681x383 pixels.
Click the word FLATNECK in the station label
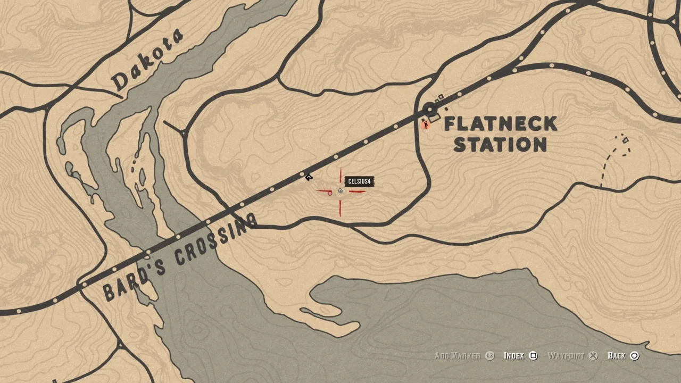[x=500, y=124]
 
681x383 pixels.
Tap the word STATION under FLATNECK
[x=500, y=145]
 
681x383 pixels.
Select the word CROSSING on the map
[x=215, y=240]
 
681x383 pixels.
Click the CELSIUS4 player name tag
[x=359, y=182]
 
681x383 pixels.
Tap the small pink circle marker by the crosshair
[x=329, y=193]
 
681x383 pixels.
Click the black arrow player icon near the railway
[x=309, y=177]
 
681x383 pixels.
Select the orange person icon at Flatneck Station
[x=425, y=124]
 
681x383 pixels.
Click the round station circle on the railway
[x=429, y=110]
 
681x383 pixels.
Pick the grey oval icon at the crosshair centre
[x=340, y=191]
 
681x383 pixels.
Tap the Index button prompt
[x=514, y=356]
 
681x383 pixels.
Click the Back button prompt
[x=616, y=356]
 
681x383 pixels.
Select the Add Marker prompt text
[x=457, y=356]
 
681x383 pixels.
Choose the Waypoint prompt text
[x=566, y=356]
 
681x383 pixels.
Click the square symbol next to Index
[x=533, y=356]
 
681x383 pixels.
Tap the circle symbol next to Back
[x=634, y=356]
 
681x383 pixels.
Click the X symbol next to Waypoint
[x=593, y=356]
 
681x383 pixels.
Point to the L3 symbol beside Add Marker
[x=490, y=356]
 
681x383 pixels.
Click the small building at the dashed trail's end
[x=625, y=140]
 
